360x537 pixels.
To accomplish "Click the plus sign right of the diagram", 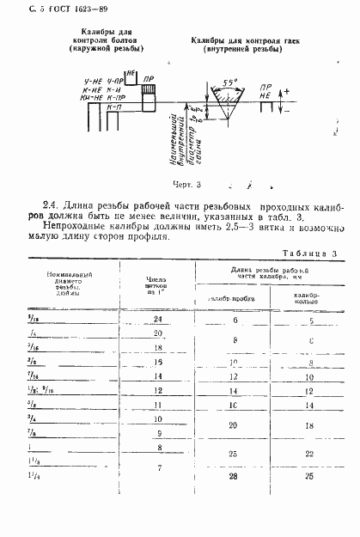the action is tap(288, 90).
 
